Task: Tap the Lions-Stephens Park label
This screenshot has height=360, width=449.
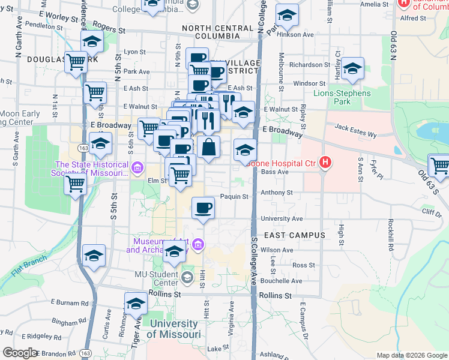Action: coord(342,97)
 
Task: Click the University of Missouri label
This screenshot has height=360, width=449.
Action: coord(173,329)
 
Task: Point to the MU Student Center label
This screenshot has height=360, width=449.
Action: coord(158,278)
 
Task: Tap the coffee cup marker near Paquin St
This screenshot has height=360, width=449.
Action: coord(203,208)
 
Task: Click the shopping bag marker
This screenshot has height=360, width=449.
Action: coord(208,147)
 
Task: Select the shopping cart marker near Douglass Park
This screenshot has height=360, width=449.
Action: coord(76,61)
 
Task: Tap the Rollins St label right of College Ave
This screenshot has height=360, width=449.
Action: coord(276,296)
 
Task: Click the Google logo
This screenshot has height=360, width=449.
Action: coord(20,353)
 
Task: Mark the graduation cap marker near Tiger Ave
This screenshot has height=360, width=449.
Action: coord(136,304)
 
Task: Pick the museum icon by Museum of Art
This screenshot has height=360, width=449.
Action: coord(199,244)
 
